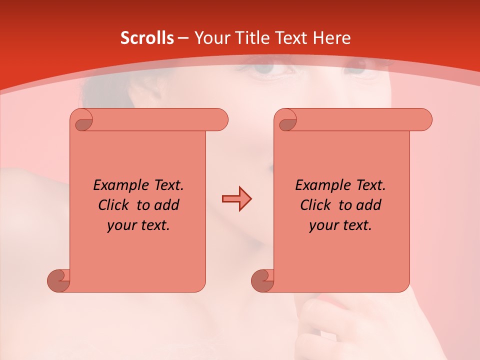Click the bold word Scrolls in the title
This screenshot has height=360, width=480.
pos(147,38)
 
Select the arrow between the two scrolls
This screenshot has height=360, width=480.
pos(236,199)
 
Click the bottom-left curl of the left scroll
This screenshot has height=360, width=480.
pos(58,280)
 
